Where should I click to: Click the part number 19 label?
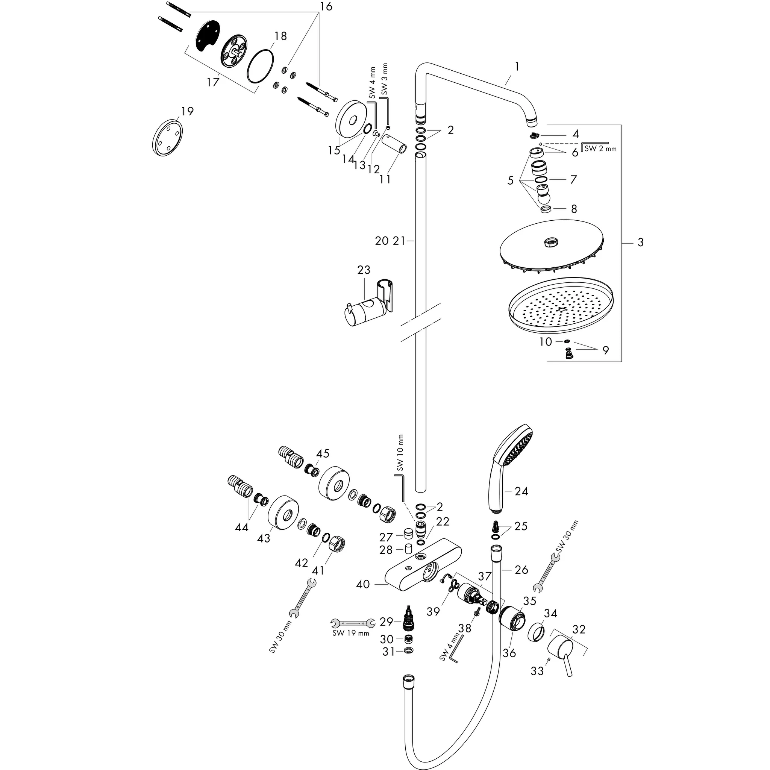pos(187,111)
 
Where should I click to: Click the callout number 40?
pos(363,585)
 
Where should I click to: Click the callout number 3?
pos(640,243)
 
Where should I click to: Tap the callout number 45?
pos(323,454)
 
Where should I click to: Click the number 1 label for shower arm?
pos(517,67)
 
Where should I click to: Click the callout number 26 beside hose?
pos(521,570)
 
